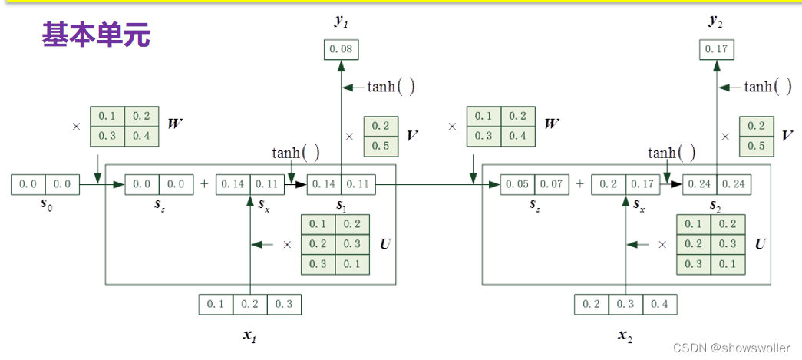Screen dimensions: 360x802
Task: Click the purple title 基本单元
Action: click(96, 35)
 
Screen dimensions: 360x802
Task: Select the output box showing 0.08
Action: click(341, 49)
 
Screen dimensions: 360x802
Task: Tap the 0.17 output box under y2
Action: click(717, 49)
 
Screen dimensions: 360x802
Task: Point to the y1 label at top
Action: click(341, 21)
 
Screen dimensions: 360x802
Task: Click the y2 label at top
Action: click(717, 21)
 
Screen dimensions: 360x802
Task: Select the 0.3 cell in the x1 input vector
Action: click(284, 304)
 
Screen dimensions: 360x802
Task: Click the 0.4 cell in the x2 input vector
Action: click(660, 304)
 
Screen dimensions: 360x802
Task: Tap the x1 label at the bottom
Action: click(250, 335)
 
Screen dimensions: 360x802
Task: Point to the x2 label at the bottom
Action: click(626, 335)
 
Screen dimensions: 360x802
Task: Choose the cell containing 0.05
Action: click(518, 184)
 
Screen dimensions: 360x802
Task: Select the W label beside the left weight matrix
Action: click(176, 123)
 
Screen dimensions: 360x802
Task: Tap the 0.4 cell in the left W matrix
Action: click(141, 136)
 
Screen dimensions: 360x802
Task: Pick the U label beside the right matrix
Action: click(761, 244)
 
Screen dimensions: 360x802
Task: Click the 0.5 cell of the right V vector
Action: click(756, 145)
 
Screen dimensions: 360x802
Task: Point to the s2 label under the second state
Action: click(717, 206)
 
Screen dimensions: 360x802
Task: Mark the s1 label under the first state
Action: click(341, 206)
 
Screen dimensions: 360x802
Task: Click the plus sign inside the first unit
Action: click(204, 184)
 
